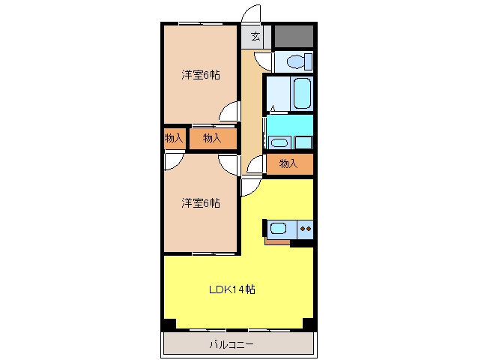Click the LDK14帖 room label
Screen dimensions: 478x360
232,289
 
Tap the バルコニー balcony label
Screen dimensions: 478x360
232,345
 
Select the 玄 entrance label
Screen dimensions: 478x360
255,37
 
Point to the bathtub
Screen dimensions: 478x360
302,93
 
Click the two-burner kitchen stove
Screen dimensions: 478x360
305,229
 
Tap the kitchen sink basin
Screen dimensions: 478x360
278,228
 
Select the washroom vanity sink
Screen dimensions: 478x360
279,142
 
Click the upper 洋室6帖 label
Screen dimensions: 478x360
201,75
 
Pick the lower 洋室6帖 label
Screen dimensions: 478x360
201,203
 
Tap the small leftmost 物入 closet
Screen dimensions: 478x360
175,139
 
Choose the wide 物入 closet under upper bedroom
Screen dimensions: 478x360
213,139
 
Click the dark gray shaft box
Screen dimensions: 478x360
294,36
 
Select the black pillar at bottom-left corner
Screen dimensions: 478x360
170,324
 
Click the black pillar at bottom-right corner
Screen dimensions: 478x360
308,324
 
